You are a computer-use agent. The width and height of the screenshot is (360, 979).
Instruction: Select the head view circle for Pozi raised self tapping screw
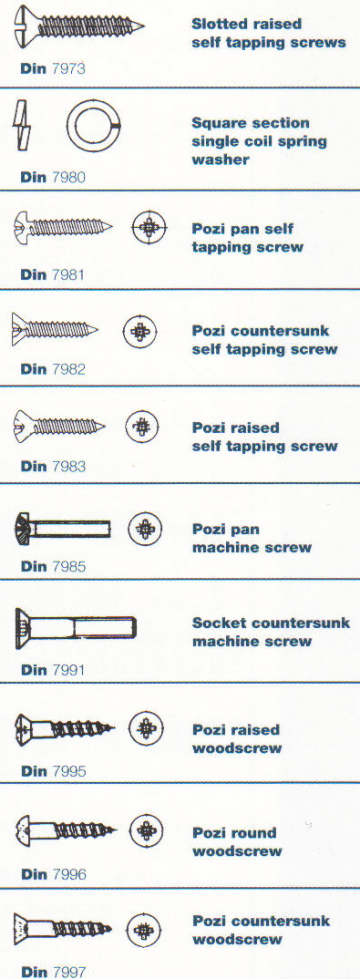click(x=141, y=426)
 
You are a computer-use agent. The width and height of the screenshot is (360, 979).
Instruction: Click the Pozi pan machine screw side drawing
click(x=62, y=528)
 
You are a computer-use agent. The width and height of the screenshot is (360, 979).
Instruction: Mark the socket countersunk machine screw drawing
click(x=75, y=628)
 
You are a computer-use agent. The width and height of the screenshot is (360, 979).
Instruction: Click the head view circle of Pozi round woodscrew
click(x=146, y=831)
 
